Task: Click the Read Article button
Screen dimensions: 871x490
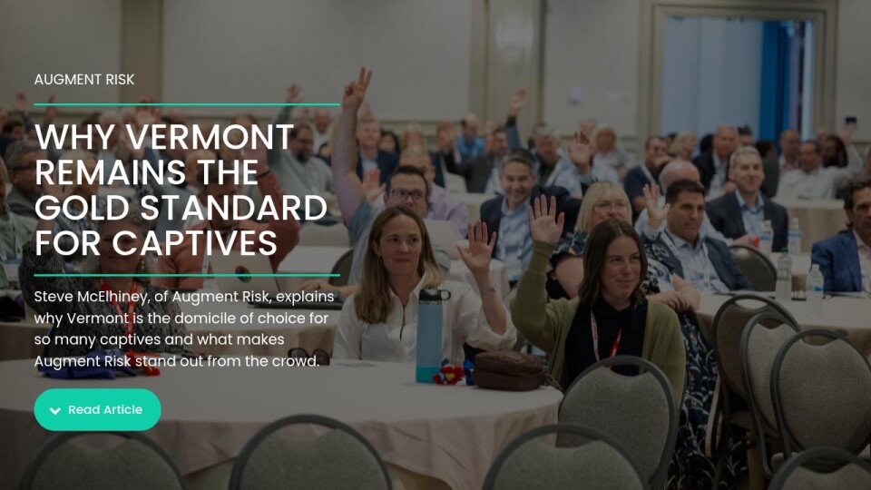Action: click(x=97, y=409)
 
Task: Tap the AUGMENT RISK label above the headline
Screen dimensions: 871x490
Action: click(x=84, y=80)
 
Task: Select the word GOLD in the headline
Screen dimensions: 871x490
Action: click(x=83, y=208)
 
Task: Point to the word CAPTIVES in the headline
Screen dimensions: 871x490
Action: click(x=194, y=243)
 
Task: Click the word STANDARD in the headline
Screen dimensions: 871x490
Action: click(x=233, y=208)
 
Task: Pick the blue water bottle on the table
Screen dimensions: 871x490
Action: click(x=431, y=336)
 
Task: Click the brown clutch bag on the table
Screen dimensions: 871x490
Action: click(x=509, y=370)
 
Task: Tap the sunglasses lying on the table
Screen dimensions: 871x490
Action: click(x=308, y=356)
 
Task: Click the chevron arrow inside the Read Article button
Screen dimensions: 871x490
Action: click(x=55, y=410)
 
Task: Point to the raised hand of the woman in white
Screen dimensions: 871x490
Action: click(x=476, y=247)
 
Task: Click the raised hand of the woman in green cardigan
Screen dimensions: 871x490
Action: click(x=545, y=220)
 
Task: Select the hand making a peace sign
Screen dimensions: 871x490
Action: click(x=357, y=89)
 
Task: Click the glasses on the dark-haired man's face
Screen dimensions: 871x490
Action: click(x=407, y=194)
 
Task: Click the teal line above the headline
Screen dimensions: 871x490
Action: click(x=187, y=103)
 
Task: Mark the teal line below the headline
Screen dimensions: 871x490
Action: click(x=187, y=275)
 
